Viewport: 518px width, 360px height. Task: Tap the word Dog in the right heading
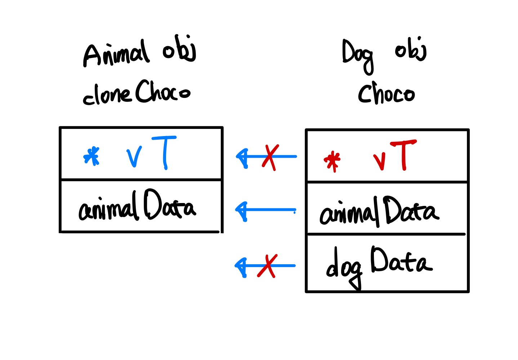point(358,56)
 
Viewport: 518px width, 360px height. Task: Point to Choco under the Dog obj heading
point(386,93)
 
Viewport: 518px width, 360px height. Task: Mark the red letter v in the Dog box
point(379,161)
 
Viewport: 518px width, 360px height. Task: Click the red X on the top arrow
point(270,157)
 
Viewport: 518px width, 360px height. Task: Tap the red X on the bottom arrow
point(267,266)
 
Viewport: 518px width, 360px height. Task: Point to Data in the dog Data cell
point(401,261)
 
